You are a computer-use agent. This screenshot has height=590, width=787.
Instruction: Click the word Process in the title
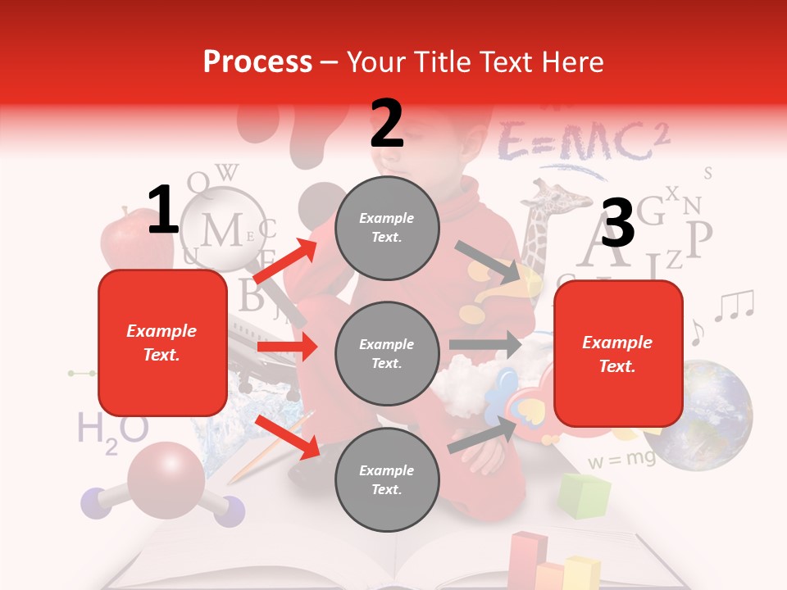(257, 61)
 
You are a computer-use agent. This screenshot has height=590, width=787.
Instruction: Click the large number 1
(163, 211)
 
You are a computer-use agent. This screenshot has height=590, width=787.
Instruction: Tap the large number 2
(387, 123)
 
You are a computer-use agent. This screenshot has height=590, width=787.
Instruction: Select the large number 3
(618, 224)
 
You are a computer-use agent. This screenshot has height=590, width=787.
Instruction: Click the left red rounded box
(162, 343)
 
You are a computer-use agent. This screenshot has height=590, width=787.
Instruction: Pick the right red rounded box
(618, 353)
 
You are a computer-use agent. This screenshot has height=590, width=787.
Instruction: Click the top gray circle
(387, 228)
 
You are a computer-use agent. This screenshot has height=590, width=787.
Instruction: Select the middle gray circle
(387, 353)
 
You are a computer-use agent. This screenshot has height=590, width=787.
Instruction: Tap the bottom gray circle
(387, 479)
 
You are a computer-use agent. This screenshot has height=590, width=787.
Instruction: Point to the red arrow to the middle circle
(287, 347)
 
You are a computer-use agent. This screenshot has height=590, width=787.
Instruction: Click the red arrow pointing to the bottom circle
(287, 436)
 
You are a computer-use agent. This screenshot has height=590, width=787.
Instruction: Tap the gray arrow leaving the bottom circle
(484, 434)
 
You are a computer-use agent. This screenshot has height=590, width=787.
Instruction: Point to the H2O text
(112, 430)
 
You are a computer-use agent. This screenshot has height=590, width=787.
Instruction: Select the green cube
(585, 495)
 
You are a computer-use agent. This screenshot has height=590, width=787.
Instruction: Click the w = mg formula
(621, 460)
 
